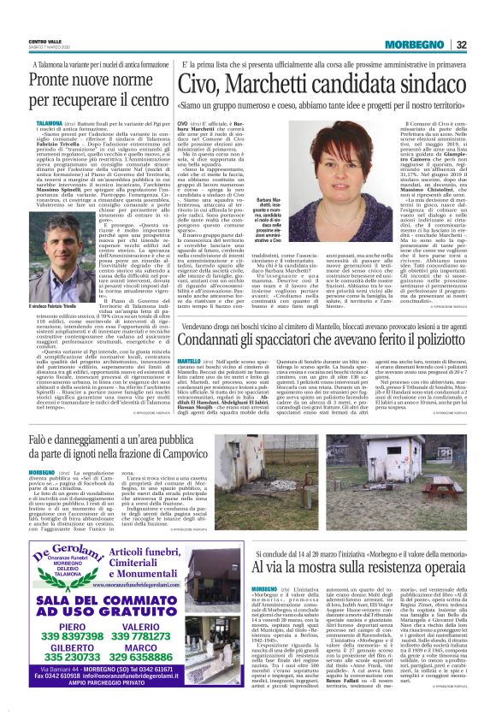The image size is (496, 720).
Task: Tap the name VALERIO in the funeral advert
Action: pos(175,625)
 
